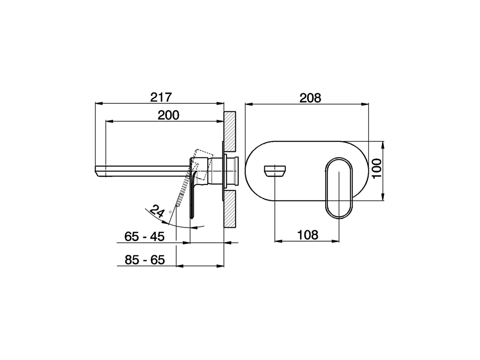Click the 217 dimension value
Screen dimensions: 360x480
[160, 97]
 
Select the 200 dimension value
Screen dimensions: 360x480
[168, 115]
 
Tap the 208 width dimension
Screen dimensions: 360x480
[310, 98]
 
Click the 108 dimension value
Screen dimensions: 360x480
[307, 235]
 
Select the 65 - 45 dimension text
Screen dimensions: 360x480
[144, 237]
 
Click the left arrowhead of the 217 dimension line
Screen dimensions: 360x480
[99, 103]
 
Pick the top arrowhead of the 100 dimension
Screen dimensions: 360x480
[383, 144]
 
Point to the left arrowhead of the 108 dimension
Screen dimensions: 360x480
[278, 241]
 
